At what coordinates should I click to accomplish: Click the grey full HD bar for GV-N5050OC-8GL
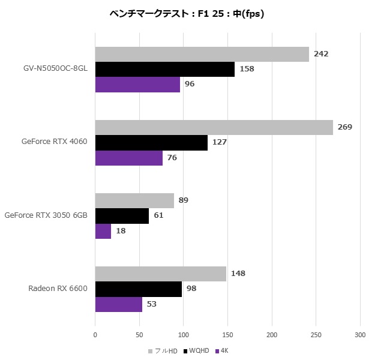(x=202, y=54)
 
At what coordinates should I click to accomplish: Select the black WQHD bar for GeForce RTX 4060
(x=151, y=142)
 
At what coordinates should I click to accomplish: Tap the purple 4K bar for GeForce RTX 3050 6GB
(x=103, y=231)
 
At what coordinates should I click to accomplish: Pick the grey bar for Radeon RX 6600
(x=160, y=274)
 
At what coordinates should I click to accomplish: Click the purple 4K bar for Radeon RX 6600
(x=119, y=304)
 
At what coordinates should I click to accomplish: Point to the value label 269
(x=344, y=127)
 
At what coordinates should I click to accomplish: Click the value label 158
(x=247, y=69)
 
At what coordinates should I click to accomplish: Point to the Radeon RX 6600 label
(x=58, y=289)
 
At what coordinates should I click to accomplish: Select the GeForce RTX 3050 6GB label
(x=46, y=215)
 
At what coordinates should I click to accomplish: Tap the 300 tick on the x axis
(x=360, y=334)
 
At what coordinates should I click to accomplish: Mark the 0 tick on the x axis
(x=95, y=334)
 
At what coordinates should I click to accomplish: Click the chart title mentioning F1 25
(x=187, y=14)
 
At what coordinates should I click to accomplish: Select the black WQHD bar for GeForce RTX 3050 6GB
(x=122, y=215)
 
